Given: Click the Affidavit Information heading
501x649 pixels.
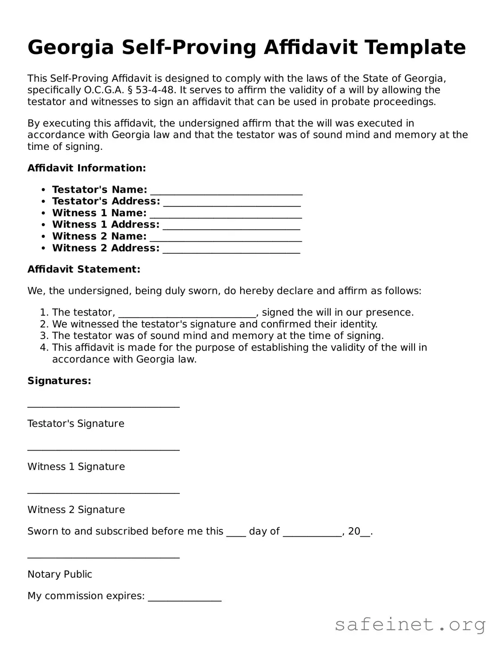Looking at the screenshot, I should [x=86, y=168].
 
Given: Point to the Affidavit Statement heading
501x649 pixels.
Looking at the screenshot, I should [x=84, y=269].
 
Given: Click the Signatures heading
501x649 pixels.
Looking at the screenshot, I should [x=59, y=381].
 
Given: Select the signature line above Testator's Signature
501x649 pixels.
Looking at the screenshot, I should [x=103, y=405].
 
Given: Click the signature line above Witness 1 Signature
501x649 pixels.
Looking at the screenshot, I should [x=103, y=448].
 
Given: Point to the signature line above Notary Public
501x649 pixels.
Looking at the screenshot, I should [x=103, y=555].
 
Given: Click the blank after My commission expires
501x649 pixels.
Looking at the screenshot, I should [x=185, y=598].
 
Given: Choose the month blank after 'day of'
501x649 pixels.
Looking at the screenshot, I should [x=312, y=533].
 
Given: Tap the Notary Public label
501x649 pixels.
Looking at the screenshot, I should [x=60, y=575].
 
